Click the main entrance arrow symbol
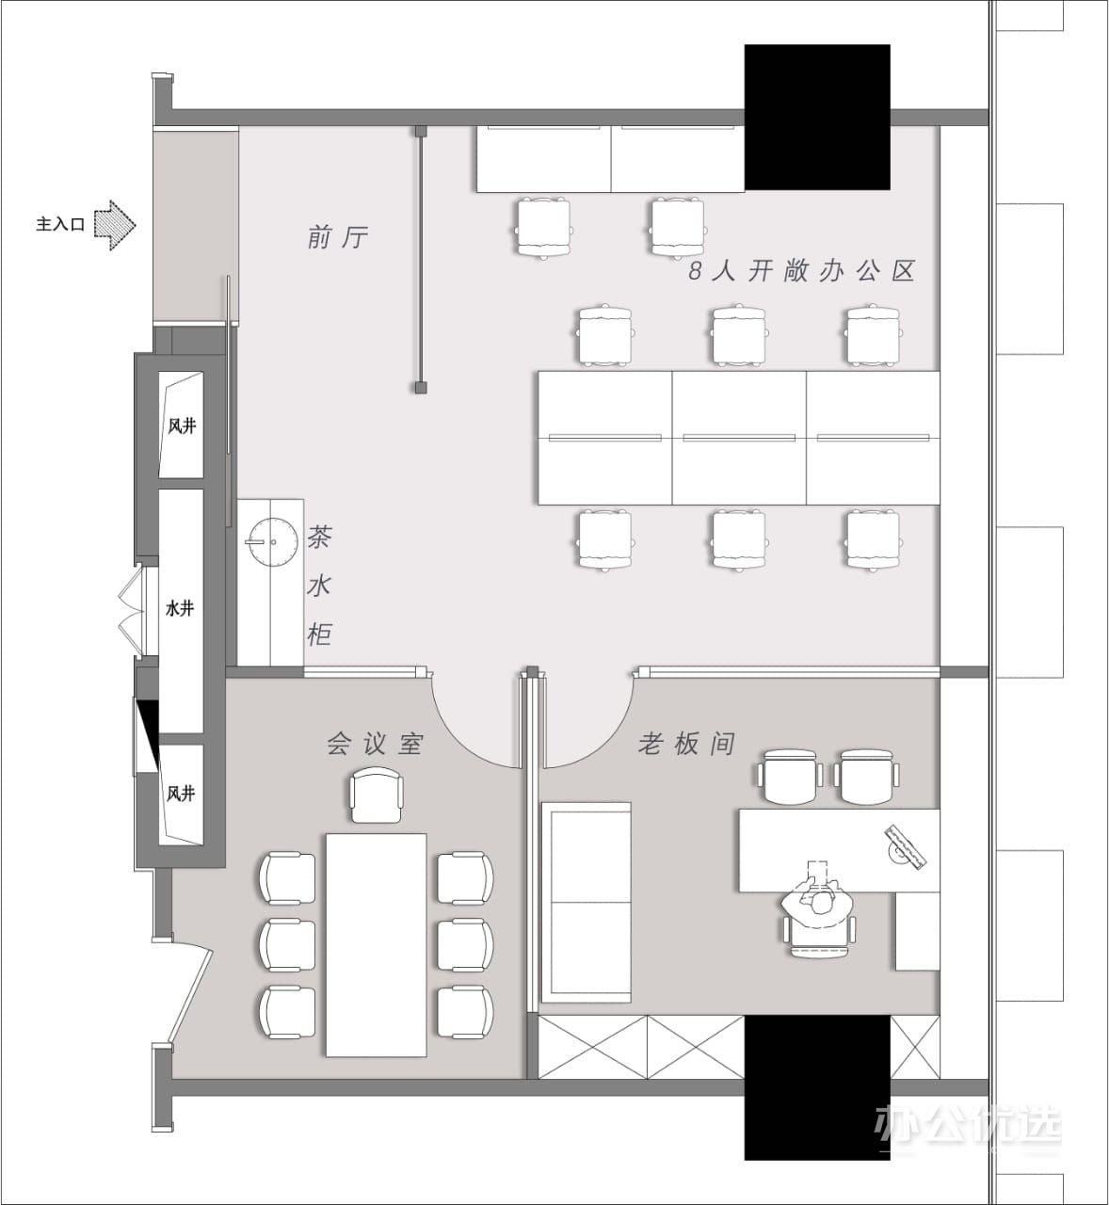[x=116, y=225]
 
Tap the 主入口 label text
[x=60, y=225]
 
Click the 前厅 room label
[x=338, y=236]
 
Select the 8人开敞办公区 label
[x=801, y=271]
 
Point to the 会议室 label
[x=376, y=744]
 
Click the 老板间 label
[x=686, y=744]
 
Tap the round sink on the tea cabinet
[x=273, y=542]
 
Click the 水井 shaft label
[x=180, y=609]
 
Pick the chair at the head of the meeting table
[x=376, y=795]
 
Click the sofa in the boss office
[x=587, y=903]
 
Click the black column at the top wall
[x=817, y=117]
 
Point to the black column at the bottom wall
[x=817, y=1088]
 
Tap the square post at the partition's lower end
[x=421, y=388]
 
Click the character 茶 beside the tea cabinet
[x=319, y=537]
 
